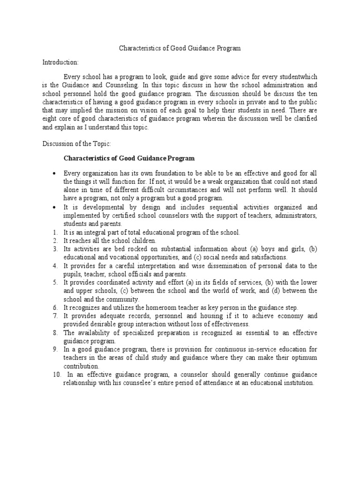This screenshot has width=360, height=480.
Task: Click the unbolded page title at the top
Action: coord(180,48)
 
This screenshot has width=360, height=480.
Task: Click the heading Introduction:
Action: coord(60,62)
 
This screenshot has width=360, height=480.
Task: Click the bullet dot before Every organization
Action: coord(55,173)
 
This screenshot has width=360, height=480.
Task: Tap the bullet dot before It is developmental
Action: coord(55,207)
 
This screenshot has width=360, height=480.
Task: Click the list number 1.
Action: coord(54,232)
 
